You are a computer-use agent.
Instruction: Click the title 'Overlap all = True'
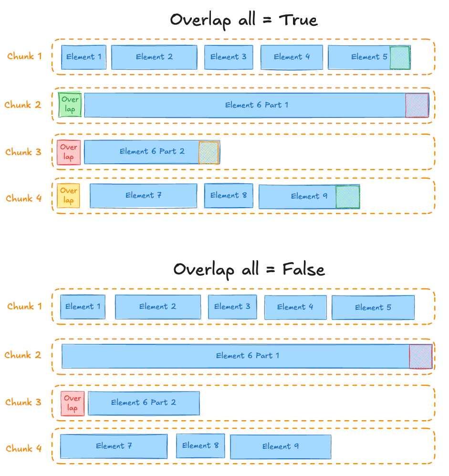point(243,20)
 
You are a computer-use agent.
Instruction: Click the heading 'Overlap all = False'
point(249,270)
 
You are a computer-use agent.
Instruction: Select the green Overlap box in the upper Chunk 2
point(70,105)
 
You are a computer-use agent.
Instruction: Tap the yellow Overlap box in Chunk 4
point(69,196)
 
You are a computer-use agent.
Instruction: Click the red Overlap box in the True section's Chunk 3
point(69,152)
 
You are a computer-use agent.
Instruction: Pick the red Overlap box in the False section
point(73,403)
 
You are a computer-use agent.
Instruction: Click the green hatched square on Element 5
point(399,58)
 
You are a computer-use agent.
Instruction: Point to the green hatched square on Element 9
point(347,197)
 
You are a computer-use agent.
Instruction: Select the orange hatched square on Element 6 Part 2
point(209,153)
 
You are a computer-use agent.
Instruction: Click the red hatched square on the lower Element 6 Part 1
point(420,357)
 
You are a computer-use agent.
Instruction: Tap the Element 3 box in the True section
point(229,57)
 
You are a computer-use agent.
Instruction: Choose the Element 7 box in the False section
point(114,446)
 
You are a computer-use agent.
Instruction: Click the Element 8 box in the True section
point(229,196)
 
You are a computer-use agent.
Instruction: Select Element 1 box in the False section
point(83,307)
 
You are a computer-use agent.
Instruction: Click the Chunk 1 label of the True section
point(24,56)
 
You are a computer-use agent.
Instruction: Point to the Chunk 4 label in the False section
point(24,448)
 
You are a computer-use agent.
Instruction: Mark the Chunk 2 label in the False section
point(23,355)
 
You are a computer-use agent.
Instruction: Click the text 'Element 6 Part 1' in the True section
point(257,105)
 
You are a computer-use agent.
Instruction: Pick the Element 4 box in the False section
point(295,307)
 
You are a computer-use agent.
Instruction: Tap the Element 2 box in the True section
point(154,57)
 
